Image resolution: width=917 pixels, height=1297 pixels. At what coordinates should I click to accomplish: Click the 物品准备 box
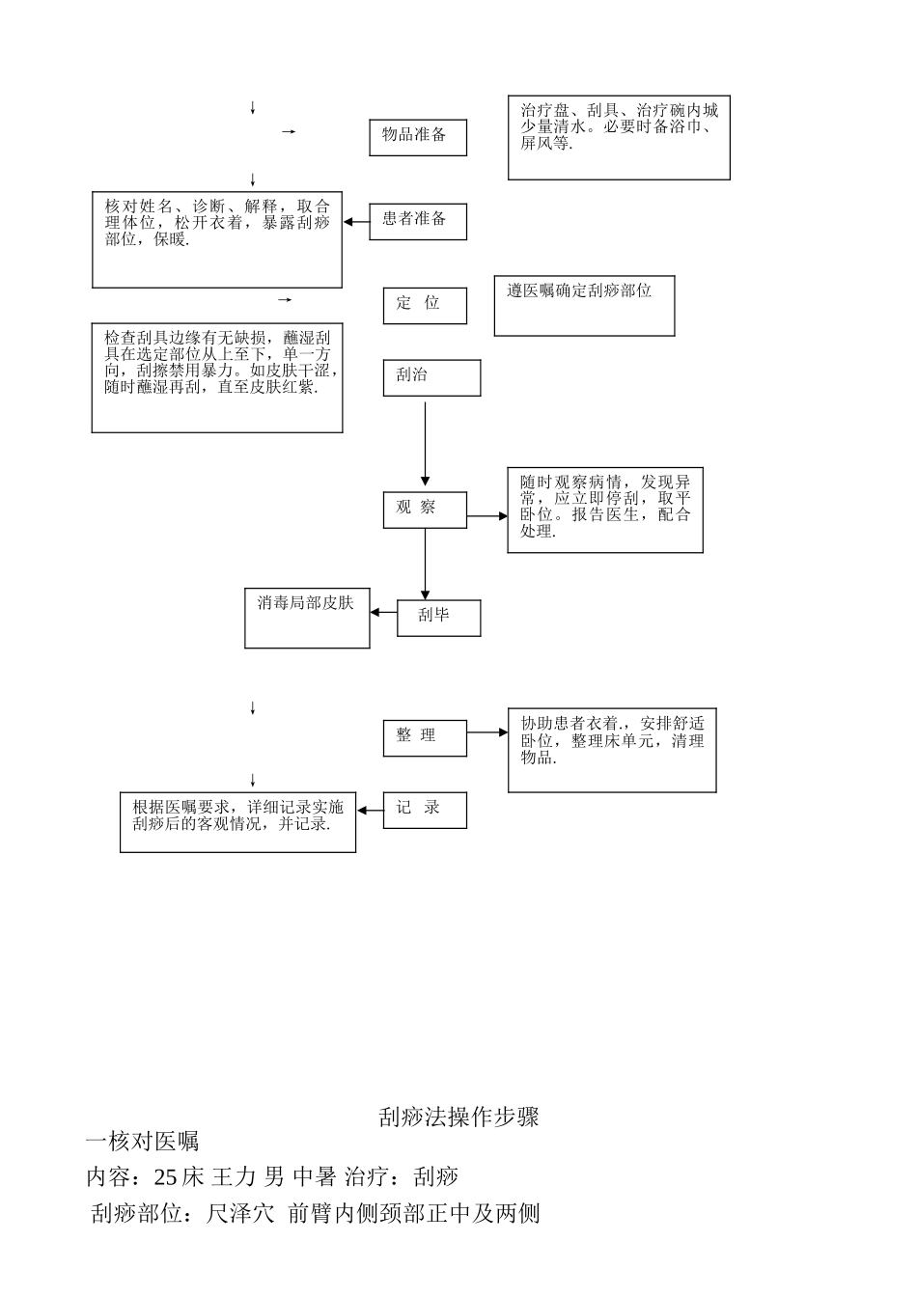coord(418,137)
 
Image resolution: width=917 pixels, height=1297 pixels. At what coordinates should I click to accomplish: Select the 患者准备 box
coord(418,221)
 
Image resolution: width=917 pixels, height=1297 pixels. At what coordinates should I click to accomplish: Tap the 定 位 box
coord(425,305)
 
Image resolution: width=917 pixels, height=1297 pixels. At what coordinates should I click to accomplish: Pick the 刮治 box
coord(431,377)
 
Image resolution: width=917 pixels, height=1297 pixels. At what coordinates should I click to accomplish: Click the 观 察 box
coord(425,509)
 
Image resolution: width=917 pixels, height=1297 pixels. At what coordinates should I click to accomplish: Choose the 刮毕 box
coord(438,618)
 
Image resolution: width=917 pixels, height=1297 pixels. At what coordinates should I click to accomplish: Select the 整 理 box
coord(425,737)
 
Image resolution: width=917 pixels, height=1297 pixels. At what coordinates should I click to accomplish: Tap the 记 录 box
coord(425,810)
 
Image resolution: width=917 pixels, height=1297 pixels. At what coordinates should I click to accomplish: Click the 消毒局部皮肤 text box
coord(307,619)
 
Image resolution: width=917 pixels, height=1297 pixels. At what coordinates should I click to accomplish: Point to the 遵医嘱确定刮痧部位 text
coord(579,290)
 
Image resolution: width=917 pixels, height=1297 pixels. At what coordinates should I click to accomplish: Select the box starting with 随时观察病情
coord(604,510)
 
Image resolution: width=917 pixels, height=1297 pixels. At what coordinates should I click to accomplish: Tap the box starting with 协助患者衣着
coord(612,750)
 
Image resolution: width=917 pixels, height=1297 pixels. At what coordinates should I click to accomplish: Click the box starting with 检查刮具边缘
coord(217,377)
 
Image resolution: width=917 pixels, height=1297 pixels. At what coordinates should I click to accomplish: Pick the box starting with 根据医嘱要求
coord(237,822)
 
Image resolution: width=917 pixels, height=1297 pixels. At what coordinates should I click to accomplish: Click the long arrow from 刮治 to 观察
coord(425,444)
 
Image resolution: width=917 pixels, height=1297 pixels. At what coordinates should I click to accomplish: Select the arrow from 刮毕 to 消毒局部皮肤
coord(383,612)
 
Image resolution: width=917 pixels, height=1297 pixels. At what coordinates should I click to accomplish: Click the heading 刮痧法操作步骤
coord(458,1118)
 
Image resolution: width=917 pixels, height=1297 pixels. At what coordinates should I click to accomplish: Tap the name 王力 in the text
coord(234,1176)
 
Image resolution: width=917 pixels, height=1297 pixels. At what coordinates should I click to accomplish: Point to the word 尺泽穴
coord(240,1213)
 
